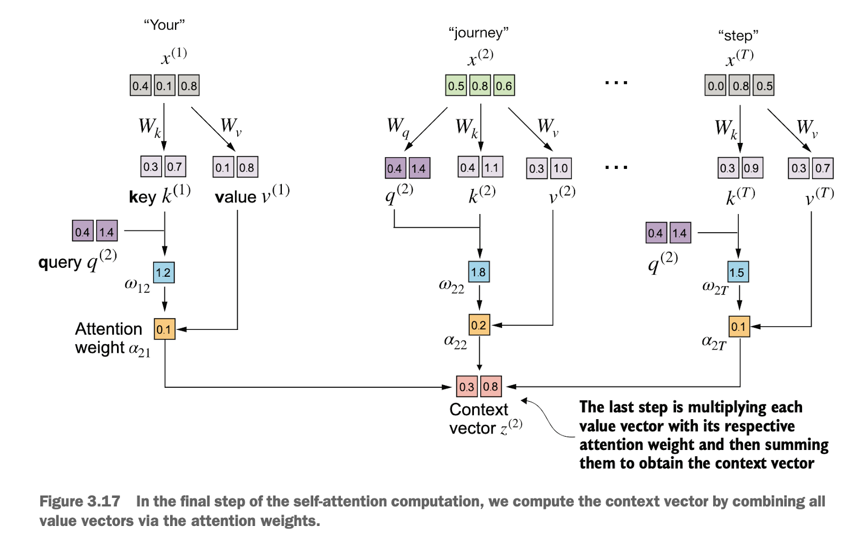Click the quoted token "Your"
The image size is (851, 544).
click(x=164, y=25)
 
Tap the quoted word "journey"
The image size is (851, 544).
click(x=478, y=33)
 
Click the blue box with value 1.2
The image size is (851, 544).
click(x=164, y=273)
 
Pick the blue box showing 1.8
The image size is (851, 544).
click(x=479, y=271)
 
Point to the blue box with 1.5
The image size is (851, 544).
click(x=738, y=271)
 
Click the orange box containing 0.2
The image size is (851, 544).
click(x=479, y=325)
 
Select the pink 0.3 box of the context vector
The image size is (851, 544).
click(x=467, y=386)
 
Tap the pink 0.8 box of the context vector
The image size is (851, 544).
click(x=491, y=386)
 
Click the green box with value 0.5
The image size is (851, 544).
click(x=456, y=85)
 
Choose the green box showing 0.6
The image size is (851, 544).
click(x=504, y=85)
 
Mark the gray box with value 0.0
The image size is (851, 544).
click(x=715, y=85)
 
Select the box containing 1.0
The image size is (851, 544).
click(x=561, y=168)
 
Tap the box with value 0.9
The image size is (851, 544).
click(x=752, y=167)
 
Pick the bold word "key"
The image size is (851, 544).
click(x=143, y=197)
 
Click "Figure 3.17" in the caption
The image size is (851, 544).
click(x=80, y=501)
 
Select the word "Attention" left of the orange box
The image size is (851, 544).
click(x=109, y=329)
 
